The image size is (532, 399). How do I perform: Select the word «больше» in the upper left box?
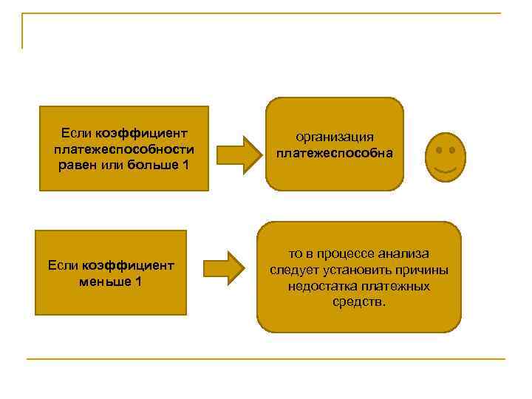pyautogui.click(x=151, y=164)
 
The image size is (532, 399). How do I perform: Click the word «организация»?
pyautogui.click(x=335, y=137)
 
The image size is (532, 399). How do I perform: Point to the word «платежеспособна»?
pyautogui.click(x=335, y=154)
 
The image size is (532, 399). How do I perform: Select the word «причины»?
pyautogui.click(x=423, y=270)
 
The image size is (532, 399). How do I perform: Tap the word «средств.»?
pyautogui.click(x=359, y=302)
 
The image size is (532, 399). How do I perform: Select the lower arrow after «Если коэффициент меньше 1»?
pyautogui.click(x=224, y=267)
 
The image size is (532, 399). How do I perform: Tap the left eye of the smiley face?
pyautogui.click(x=439, y=150)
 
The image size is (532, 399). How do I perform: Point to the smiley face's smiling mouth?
pyautogui.click(x=446, y=171)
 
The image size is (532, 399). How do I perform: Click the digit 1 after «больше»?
pyautogui.click(x=185, y=164)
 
